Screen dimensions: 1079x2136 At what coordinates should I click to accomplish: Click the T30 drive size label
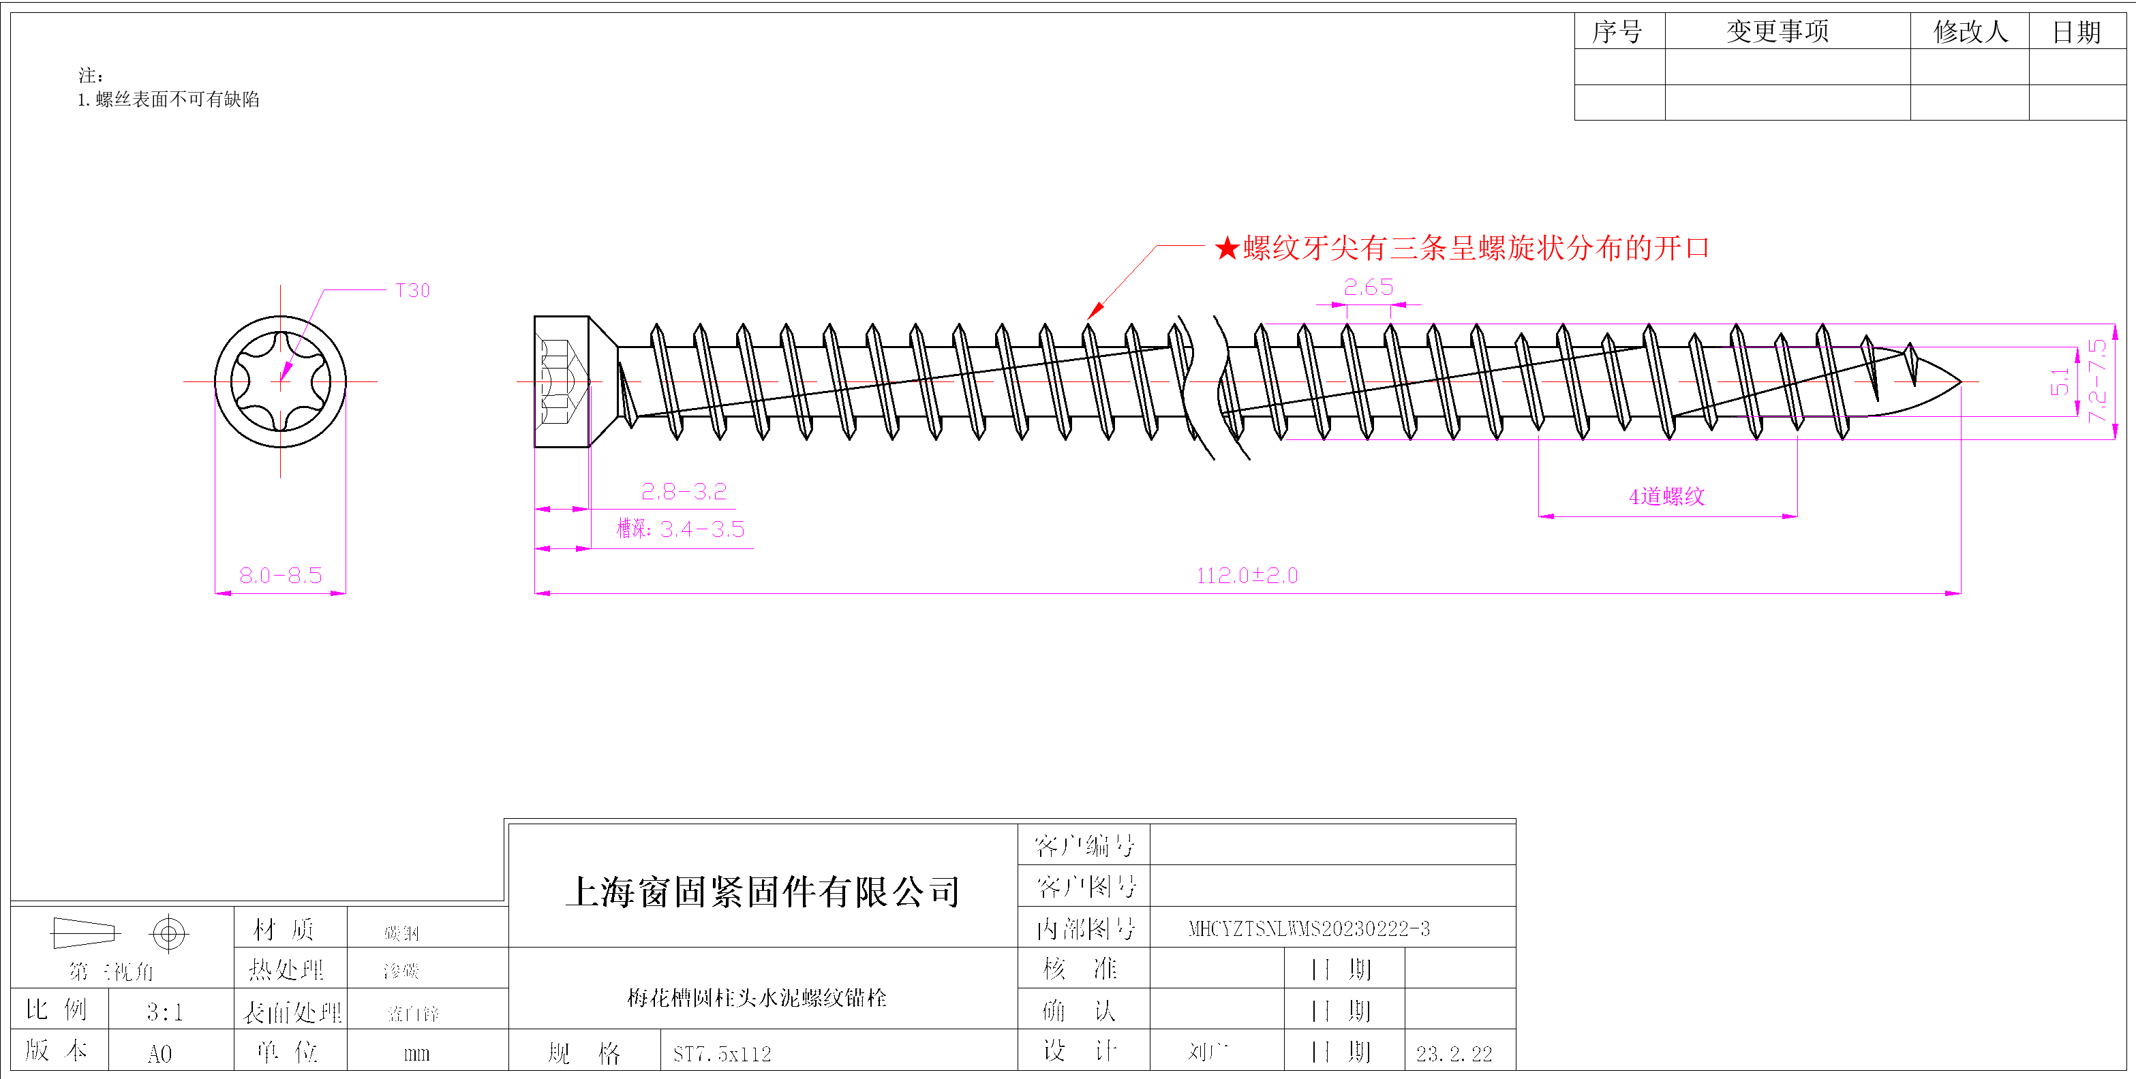click(412, 291)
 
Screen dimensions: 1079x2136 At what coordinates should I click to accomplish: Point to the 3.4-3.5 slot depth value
click(702, 529)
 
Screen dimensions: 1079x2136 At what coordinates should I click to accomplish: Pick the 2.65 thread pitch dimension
click(1368, 287)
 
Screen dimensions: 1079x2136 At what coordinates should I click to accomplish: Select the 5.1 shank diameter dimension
click(2060, 381)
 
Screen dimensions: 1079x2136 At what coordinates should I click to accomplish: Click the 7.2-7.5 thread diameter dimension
click(2097, 381)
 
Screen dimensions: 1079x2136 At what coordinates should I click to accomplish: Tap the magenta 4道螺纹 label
click(1666, 497)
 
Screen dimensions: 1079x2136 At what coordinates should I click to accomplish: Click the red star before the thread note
click(1226, 248)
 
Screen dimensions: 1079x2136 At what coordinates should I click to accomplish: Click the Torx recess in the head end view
click(280, 381)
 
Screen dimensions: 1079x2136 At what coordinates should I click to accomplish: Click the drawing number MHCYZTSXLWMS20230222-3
click(1309, 929)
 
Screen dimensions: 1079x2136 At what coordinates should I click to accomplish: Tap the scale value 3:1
click(164, 1012)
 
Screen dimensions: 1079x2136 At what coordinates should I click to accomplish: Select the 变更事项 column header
click(1777, 31)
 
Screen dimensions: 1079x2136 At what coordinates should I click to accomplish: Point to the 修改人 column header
click(1970, 31)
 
